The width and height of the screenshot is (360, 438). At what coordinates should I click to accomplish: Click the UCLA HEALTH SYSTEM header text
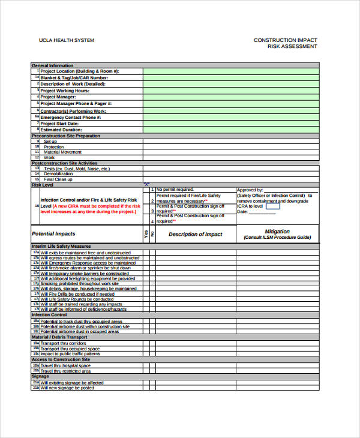tap(66, 40)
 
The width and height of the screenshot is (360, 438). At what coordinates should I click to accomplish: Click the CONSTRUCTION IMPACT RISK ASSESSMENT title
tap(285, 43)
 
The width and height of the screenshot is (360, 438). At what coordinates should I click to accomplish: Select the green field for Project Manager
tap(231, 97)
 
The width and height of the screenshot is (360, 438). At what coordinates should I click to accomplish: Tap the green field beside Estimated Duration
tap(231, 130)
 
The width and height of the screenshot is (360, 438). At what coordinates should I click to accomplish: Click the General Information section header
tap(52, 65)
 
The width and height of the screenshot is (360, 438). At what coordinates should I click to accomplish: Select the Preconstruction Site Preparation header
tap(65, 136)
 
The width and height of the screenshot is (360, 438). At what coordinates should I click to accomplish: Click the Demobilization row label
tap(58, 174)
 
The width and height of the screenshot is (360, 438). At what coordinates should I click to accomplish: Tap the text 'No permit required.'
tap(175, 190)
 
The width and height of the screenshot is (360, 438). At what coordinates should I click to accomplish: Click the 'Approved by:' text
tap(250, 190)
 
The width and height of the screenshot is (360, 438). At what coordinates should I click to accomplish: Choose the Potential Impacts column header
tap(53, 234)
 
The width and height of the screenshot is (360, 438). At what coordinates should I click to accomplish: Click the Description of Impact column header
tap(195, 235)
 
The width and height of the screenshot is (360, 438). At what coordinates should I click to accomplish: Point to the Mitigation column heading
tap(277, 231)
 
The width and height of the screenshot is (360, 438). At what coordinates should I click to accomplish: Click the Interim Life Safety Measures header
tap(61, 247)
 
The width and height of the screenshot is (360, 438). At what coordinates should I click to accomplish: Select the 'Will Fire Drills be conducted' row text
tap(77, 295)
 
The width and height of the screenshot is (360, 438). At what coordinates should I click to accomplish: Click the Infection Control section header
tap(49, 315)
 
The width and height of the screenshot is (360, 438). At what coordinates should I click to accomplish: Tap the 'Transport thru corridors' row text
tap(63, 344)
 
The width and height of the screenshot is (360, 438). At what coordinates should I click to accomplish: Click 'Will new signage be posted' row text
tap(67, 388)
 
